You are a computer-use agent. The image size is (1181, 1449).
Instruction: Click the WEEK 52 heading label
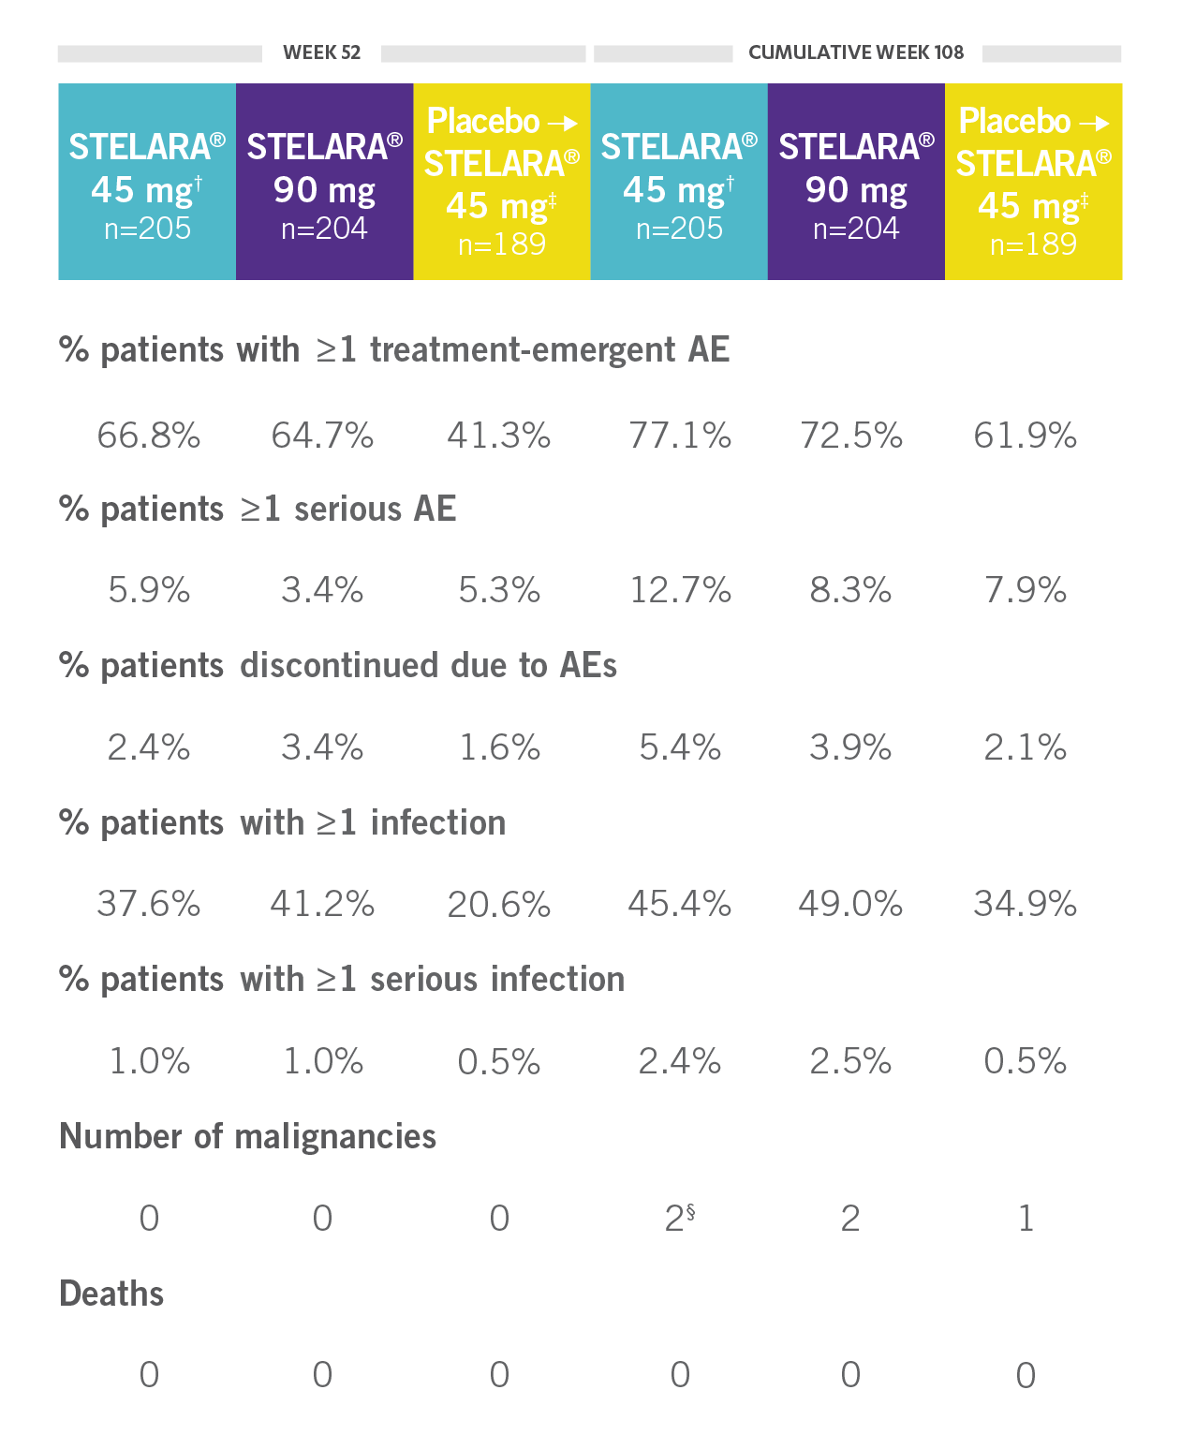pos(321,52)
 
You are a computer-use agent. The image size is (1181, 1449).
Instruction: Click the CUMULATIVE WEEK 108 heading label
pos(856,52)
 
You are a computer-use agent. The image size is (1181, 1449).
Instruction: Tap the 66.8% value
pos(149,436)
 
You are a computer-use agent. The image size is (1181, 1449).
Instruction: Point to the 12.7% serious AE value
pos(680,590)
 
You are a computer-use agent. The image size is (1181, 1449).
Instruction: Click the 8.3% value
pos(850,590)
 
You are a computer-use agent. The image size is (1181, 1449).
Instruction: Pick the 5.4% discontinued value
pos(680,747)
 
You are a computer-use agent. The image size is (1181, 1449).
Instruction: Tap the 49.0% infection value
pos(850,904)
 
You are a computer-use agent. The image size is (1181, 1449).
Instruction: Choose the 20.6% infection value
pos(499,905)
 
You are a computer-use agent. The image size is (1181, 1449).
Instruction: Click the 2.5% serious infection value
pos(850,1061)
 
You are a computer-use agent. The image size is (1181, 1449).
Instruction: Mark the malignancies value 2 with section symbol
pos(680,1218)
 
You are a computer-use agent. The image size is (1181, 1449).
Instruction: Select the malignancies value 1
pos(1026,1218)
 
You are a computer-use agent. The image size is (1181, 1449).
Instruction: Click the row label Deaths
pos(111,1294)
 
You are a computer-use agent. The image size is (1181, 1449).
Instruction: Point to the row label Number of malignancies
pos(248,1136)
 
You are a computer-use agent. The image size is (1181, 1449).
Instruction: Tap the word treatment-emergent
pos(523,349)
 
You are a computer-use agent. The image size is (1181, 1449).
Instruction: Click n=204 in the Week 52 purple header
pos(324,229)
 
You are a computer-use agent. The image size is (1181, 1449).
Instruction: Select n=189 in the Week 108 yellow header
pos(1033,244)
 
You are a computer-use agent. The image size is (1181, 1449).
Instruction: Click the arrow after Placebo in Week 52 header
pos(563,123)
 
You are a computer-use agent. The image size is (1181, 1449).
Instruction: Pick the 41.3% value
pos(499,436)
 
